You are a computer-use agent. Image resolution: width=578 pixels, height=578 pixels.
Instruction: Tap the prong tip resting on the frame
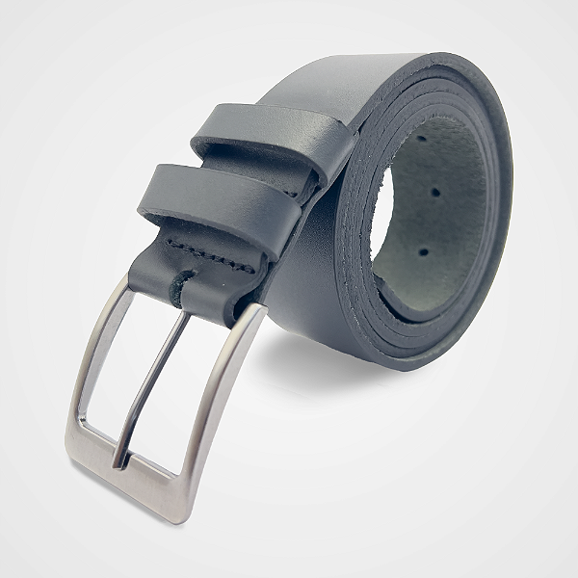pyautogui.click(x=119, y=460)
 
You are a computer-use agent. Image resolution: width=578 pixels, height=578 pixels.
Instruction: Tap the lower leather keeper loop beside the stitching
pyautogui.click(x=207, y=202)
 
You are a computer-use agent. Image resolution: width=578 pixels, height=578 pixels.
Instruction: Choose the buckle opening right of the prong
pyautogui.click(x=178, y=405)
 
